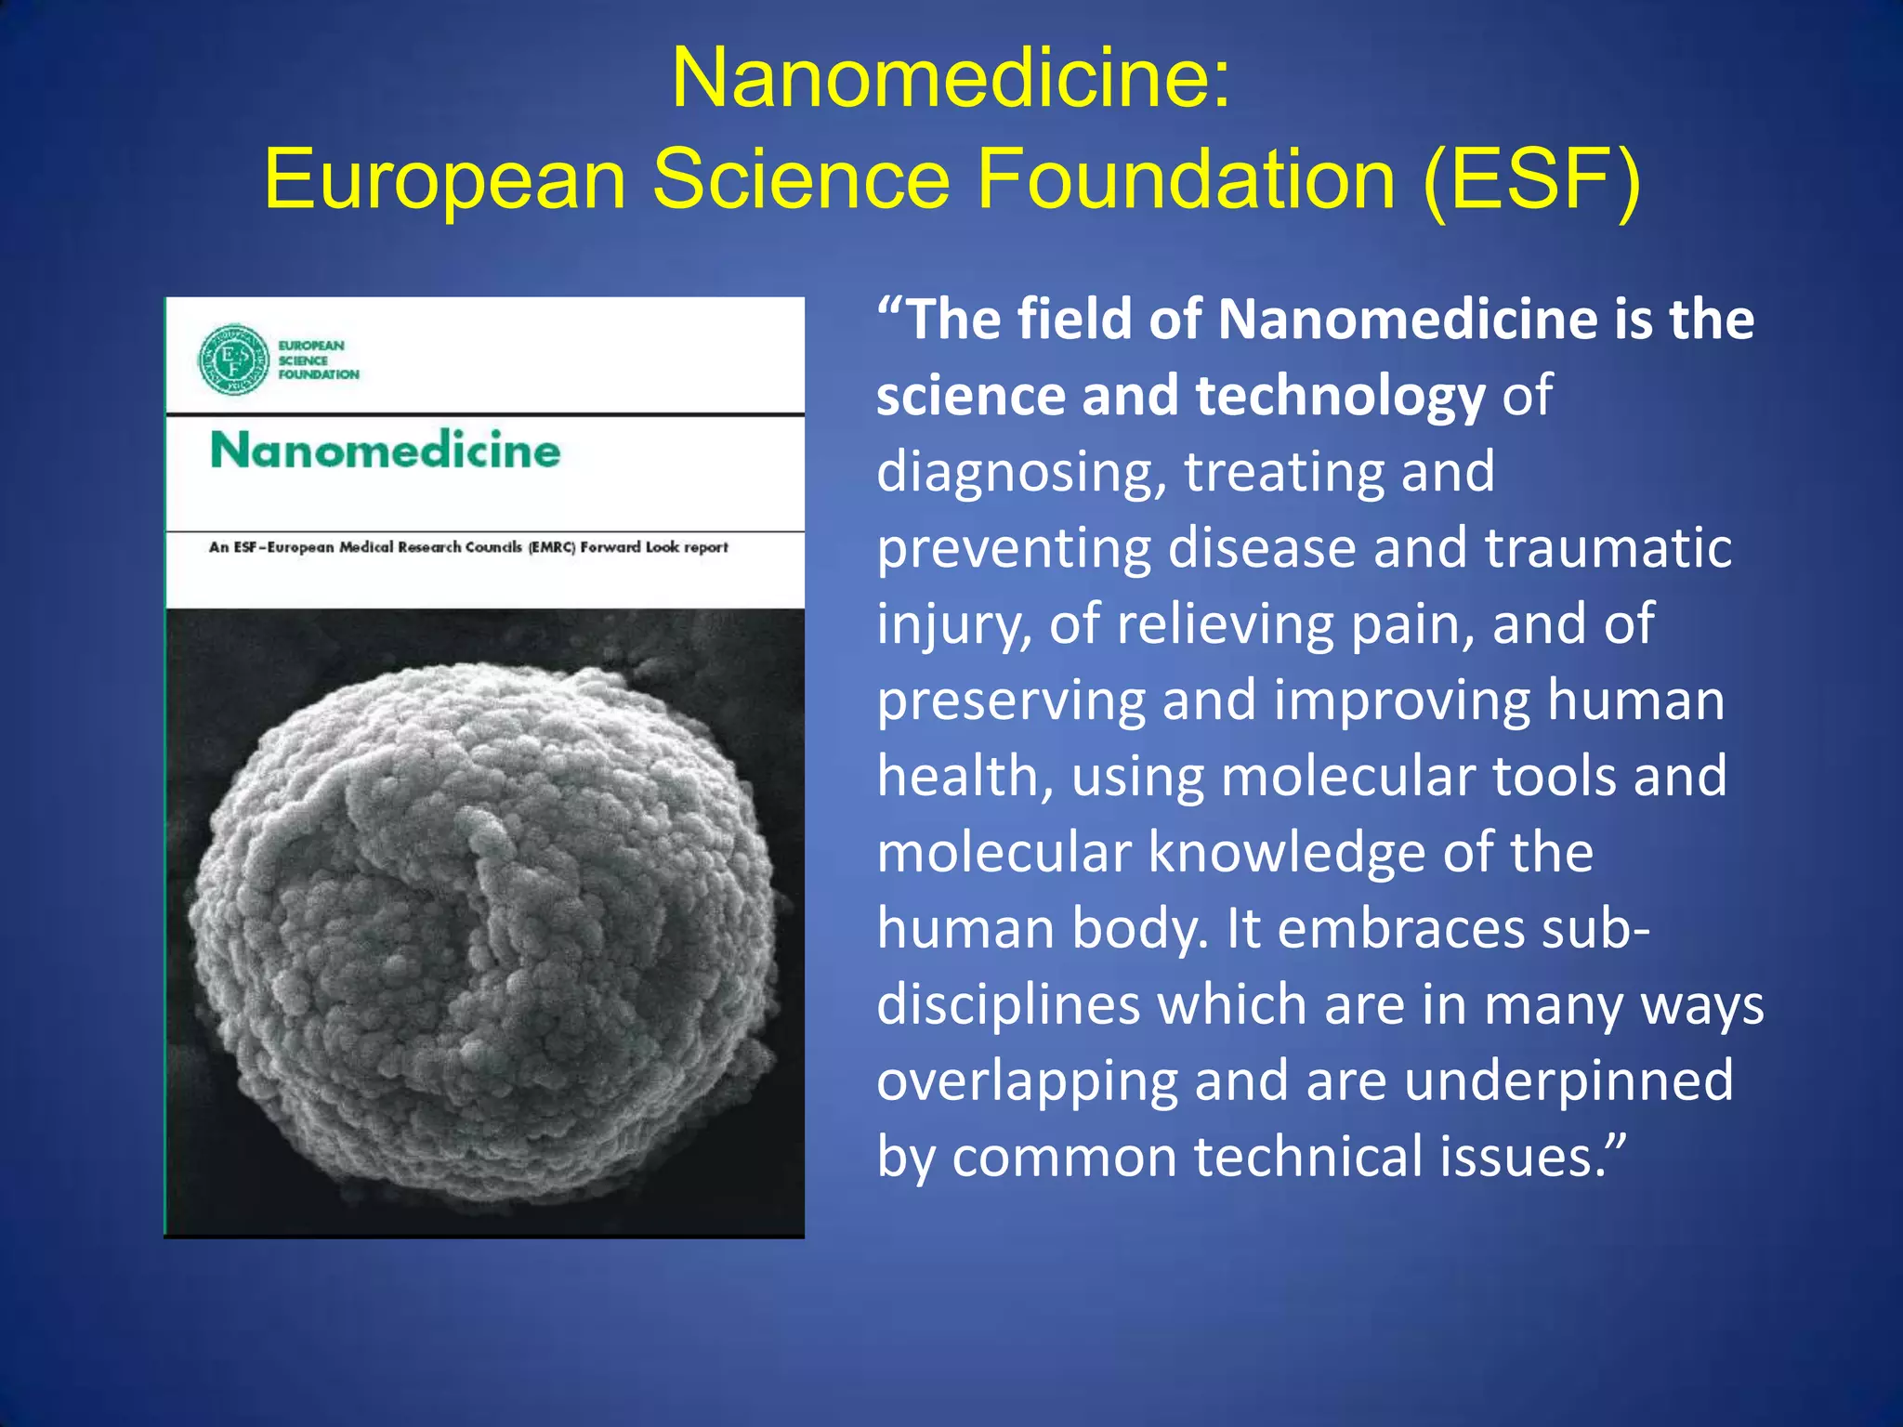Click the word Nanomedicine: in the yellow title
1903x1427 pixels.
click(951, 78)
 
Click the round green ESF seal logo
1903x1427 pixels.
click(234, 360)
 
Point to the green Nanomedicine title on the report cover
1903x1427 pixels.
click(386, 451)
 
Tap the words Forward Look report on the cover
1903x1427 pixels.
click(654, 547)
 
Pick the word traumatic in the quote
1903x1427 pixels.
click(1608, 548)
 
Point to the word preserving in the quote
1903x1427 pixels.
click(1012, 700)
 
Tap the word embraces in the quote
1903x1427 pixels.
click(1401, 929)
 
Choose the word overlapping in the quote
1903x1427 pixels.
click(1028, 1081)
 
